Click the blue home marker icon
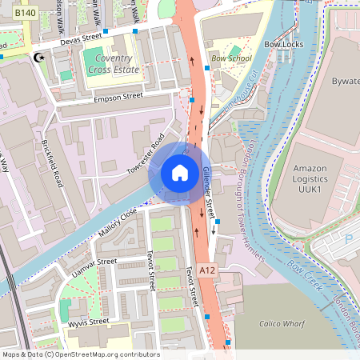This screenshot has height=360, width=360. click(180, 173)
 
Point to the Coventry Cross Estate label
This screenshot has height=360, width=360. click(117, 64)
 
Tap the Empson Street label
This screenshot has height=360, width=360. click(118, 96)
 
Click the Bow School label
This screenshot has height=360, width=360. click(231, 58)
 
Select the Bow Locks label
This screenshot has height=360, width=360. click(286, 46)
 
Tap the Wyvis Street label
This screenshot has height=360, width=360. click(88, 322)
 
